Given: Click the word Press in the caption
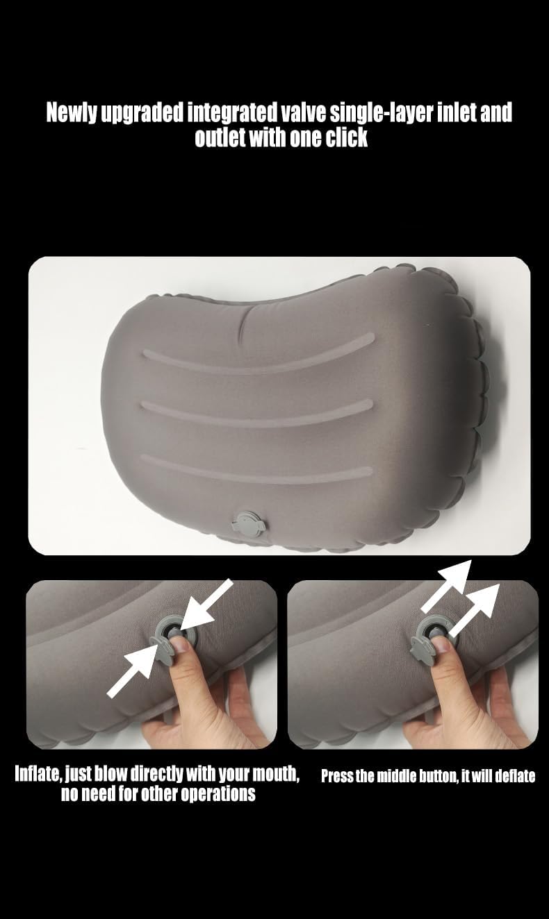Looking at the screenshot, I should [337, 776].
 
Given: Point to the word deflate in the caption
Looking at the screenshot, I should [514, 776].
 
